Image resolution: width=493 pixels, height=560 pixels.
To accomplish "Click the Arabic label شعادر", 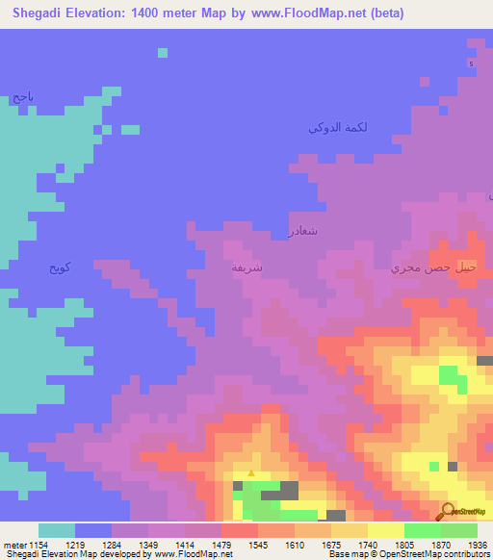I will (302, 231).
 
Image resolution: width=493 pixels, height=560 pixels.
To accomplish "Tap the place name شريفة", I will (247, 267).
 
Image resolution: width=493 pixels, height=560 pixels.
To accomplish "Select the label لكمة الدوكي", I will (337, 127).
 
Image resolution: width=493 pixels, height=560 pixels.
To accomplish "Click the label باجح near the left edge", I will (23, 97).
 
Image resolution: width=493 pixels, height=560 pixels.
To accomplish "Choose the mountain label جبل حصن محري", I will (432, 269).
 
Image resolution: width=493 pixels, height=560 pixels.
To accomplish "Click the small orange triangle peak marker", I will (251, 472).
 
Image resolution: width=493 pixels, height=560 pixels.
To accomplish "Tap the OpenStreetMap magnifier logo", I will (448, 511).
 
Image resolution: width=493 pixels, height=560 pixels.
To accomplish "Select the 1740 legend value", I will (368, 545).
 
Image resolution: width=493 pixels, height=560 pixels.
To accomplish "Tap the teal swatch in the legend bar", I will (57, 530).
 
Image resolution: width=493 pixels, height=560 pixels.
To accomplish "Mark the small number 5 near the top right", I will (471, 64).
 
